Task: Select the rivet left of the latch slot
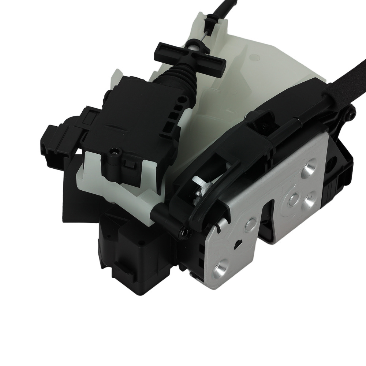(x=252, y=222)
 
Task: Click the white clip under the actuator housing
(x=95, y=176)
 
